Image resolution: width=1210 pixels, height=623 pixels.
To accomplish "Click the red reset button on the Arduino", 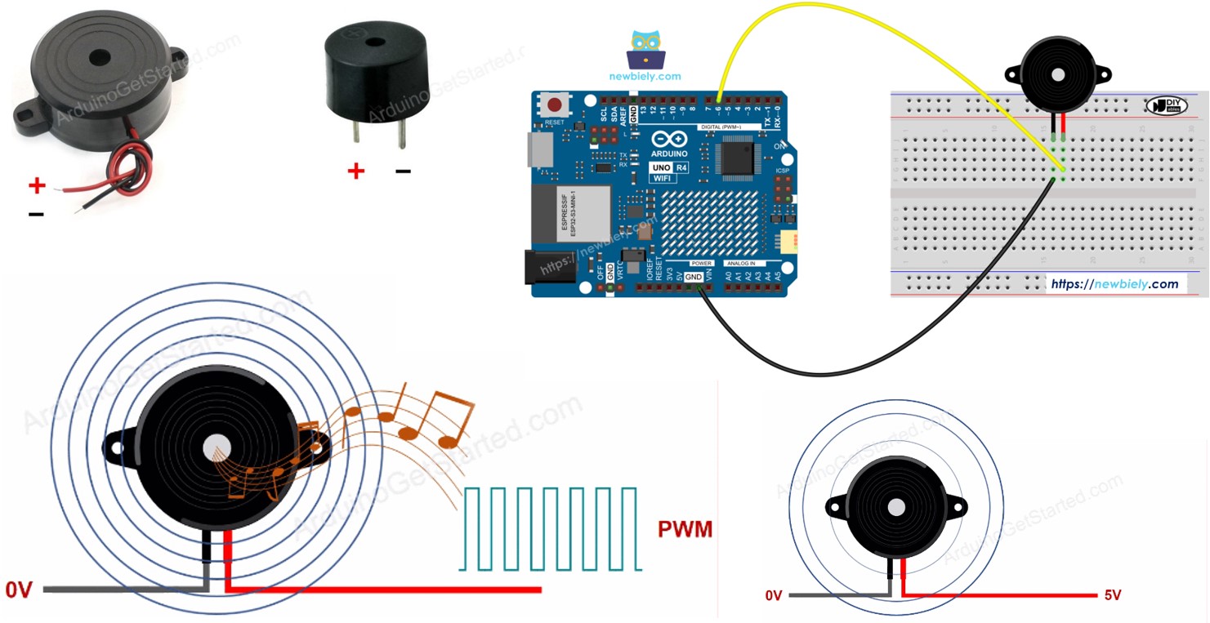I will [x=556, y=105].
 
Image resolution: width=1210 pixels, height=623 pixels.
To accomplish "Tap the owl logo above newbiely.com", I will [x=645, y=51].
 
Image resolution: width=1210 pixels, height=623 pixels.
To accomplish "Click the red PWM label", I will [x=685, y=530].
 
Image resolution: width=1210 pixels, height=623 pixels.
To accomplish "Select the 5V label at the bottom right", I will [x=1112, y=595].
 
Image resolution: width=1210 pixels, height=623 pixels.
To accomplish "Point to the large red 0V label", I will [x=19, y=590].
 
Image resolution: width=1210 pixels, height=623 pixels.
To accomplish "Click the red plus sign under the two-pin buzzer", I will [x=355, y=171].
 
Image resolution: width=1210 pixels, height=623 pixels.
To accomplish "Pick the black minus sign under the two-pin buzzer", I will [x=403, y=171].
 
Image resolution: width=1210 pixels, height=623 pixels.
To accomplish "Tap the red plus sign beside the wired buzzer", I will [x=37, y=186].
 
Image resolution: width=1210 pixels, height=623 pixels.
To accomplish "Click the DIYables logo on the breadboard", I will [x=1167, y=105].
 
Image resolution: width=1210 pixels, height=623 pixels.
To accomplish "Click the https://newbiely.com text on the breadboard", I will [x=1114, y=284].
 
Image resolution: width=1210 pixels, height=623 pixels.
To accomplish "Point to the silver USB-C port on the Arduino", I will [x=538, y=152].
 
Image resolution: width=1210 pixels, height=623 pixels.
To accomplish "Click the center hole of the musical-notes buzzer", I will [x=217, y=446].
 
